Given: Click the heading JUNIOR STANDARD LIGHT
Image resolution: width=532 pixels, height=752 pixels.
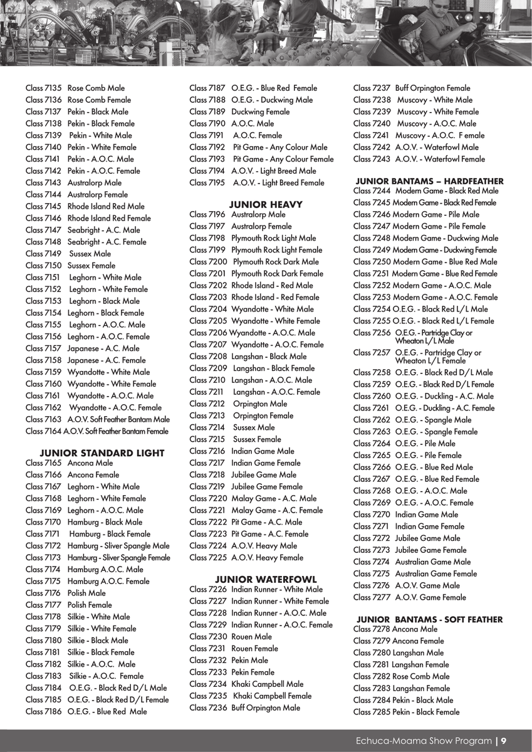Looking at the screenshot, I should click(x=102, y=453).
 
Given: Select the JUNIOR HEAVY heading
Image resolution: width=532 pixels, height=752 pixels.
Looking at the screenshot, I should click(x=266, y=204).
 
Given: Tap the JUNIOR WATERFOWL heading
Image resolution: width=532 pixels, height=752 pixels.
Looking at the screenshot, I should click(x=266, y=580).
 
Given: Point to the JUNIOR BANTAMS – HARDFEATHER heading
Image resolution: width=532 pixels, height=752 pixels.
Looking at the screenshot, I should click(x=429, y=181).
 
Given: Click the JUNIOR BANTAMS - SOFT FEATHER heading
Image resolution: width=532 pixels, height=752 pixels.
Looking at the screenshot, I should click(x=429, y=620).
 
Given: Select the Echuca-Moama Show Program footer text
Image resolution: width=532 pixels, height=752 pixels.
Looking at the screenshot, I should click(x=424, y=741).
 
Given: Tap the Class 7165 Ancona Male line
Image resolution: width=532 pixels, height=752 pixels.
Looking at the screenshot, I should click(x=70, y=463).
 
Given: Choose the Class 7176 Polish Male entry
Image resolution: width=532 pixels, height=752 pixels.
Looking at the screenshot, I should click(x=66, y=593).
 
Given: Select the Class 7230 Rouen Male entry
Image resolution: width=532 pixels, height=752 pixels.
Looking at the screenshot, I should click(x=230, y=637).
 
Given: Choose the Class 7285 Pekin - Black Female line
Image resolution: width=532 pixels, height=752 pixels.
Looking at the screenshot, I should click(x=406, y=712).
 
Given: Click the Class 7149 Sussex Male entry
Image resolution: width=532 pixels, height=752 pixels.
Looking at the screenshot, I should click(x=68, y=254).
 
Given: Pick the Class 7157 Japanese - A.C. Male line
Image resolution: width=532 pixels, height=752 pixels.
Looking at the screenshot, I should click(x=83, y=348).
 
